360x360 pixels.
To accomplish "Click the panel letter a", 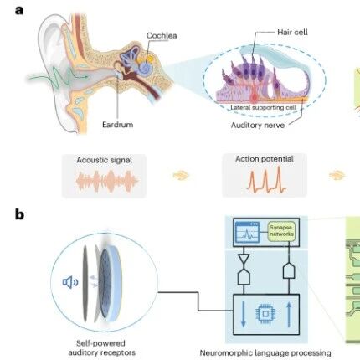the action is [x=19, y=10].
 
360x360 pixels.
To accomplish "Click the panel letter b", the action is [x=19, y=214].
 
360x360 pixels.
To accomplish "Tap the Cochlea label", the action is [x=162, y=36].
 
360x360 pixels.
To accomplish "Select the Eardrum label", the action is [x=117, y=124].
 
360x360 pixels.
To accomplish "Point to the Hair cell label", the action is [x=292, y=32].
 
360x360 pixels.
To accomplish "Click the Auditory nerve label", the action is [x=258, y=125].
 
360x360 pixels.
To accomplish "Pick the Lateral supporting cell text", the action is [x=263, y=107].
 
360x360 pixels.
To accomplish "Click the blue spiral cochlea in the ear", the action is [x=147, y=68].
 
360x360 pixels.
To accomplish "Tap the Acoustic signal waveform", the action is [x=107, y=181].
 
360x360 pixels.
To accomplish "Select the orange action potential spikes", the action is [x=266, y=180].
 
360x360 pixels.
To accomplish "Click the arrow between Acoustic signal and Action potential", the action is [x=181, y=176].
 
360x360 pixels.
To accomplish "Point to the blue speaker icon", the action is [x=70, y=282].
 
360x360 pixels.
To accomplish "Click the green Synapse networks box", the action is [x=281, y=231].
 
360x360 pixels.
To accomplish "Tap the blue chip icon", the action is [x=265, y=314].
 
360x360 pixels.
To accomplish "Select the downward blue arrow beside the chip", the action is [x=244, y=314].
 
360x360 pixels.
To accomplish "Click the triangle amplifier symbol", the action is [x=244, y=260].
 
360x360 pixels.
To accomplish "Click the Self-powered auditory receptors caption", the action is [x=101, y=347].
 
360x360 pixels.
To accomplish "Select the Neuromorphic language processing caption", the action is [x=265, y=353].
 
